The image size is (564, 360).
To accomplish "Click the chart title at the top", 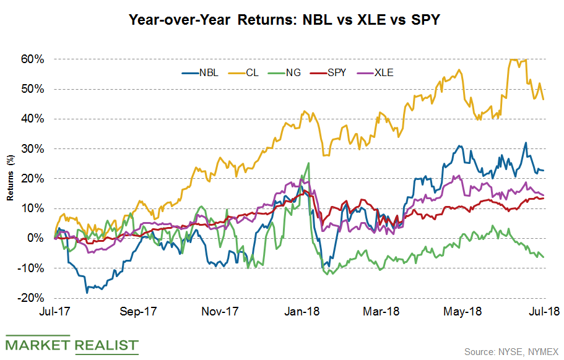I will click(x=282, y=20).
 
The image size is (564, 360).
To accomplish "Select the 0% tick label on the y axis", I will click(x=38, y=238).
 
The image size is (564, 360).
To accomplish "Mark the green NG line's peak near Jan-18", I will click(x=308, y=163).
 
